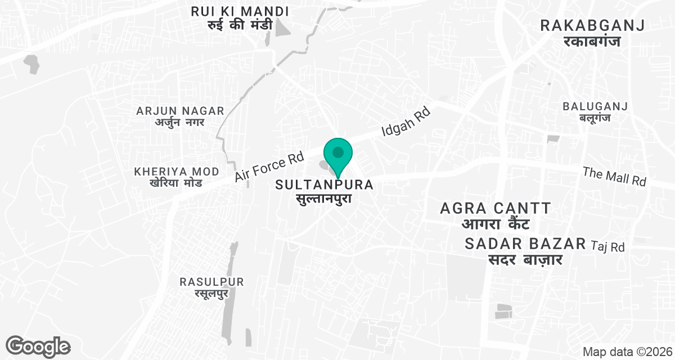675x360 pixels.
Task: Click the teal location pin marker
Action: pos(337,154)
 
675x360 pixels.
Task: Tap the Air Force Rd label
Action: pos(269,166)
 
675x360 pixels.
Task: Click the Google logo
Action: pos(38,346)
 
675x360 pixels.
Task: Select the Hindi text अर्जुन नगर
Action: pos(180,122)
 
